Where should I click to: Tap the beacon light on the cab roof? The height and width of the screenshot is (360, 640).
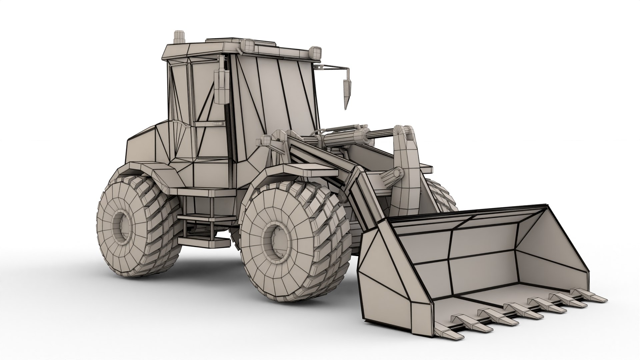click(x=179, y=37)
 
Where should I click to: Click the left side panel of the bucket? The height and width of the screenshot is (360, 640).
click(x=387, y=273)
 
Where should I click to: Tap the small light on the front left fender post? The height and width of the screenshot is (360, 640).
click(x=265, y=140)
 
